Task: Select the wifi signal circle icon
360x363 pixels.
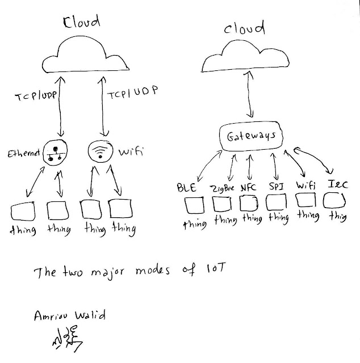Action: [x=101, y=151]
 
